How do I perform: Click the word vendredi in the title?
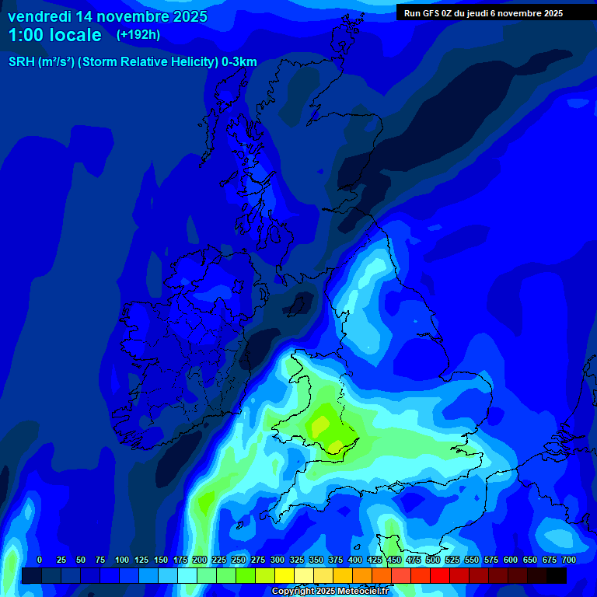point(40,16)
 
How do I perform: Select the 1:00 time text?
point(27,35)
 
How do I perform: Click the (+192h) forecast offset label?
point(138,35)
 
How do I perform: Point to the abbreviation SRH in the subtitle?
point(22,62)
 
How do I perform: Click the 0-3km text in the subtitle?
point(239,62)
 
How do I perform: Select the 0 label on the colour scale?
point(40,560)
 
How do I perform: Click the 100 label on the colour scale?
point(122,560)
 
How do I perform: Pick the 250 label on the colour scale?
point(239,560)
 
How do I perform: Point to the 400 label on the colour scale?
point(355,560)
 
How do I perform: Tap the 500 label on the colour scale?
point(433,560)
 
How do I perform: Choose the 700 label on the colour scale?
point(569,560)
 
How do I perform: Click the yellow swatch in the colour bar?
point(285,575)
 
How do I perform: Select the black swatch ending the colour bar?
point(557,575)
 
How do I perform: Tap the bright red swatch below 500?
point(440,575)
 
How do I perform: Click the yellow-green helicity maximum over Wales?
point(320,424)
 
